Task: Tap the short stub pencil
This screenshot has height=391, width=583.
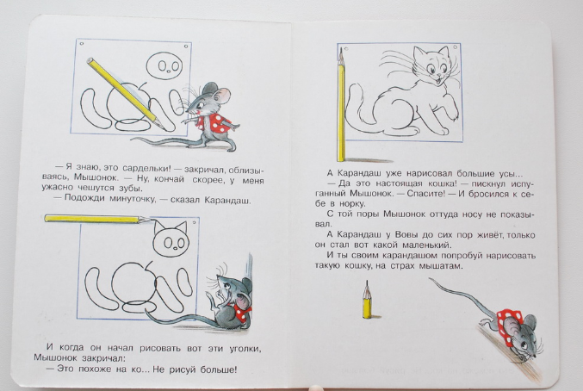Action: (367, 300)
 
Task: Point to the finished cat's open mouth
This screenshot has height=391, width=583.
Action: (439, 79)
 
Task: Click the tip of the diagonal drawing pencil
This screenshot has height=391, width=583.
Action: (164, 129)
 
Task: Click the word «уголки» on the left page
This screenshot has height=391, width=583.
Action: (245, 349)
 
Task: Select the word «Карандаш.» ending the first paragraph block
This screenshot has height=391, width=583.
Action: (227, 201)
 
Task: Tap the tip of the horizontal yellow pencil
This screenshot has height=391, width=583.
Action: (152, 220)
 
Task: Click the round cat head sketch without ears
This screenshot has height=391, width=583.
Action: (164, 65)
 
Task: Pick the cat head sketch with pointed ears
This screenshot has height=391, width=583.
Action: (171, 239)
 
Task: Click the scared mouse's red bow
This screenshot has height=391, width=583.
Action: (242, 311)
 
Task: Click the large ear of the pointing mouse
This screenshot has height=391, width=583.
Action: (222, 96)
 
